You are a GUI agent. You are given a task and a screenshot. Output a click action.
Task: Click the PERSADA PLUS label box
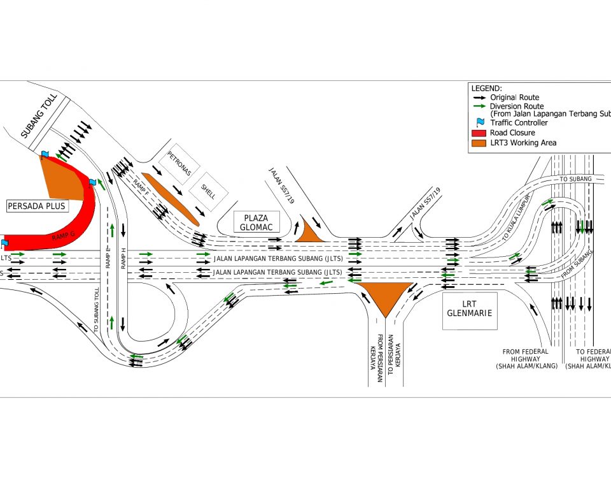coord(37,206)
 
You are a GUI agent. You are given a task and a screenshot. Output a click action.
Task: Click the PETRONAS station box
coord(179,163)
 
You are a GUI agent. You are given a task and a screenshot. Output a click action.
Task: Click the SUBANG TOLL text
coord(39,116)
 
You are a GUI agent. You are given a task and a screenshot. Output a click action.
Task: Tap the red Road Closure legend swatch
coord(478,133)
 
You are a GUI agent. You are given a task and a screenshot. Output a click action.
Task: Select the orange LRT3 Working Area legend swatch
coord(478,143)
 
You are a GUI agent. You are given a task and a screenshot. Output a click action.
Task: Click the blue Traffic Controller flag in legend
coord(478,122)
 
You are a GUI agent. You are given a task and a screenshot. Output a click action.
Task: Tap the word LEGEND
coord(487,88)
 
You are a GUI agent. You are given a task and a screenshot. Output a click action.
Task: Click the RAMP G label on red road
coord(64,237)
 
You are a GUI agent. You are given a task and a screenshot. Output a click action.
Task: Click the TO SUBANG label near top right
coord(575,179)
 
